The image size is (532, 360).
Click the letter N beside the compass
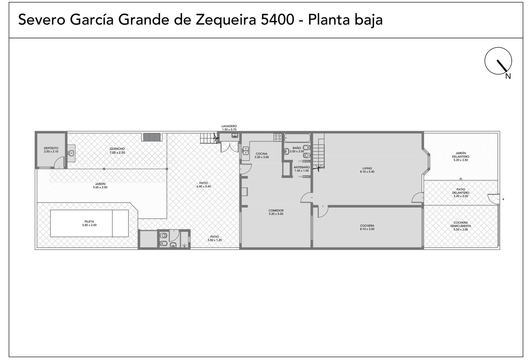tap(508, 76)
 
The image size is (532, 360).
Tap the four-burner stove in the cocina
tap(278, 137)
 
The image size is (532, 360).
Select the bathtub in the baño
tap(297, 138)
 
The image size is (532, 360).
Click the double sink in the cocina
tap(245, 150)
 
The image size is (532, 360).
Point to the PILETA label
tap(89, 222)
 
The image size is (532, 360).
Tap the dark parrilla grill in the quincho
tap(152, 137)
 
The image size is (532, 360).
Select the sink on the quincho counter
tap(71, 153)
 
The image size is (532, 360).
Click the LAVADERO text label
tap(229, 126)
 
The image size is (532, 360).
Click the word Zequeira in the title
tap(226, 20)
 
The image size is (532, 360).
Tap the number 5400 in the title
tap(278, 20)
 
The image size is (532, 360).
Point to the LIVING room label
tap(367, 168)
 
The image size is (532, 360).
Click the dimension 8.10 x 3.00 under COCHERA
tap(367, 229)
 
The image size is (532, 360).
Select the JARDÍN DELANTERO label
tap(461, 155)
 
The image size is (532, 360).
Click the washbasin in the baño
tap(287, 151)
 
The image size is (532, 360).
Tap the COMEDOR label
tap(276, 211)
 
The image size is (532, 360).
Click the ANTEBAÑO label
tap(302, 167)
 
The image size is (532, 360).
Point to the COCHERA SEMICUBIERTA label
tap(461, 224)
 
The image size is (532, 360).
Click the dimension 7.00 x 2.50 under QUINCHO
tap(117, 153)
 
